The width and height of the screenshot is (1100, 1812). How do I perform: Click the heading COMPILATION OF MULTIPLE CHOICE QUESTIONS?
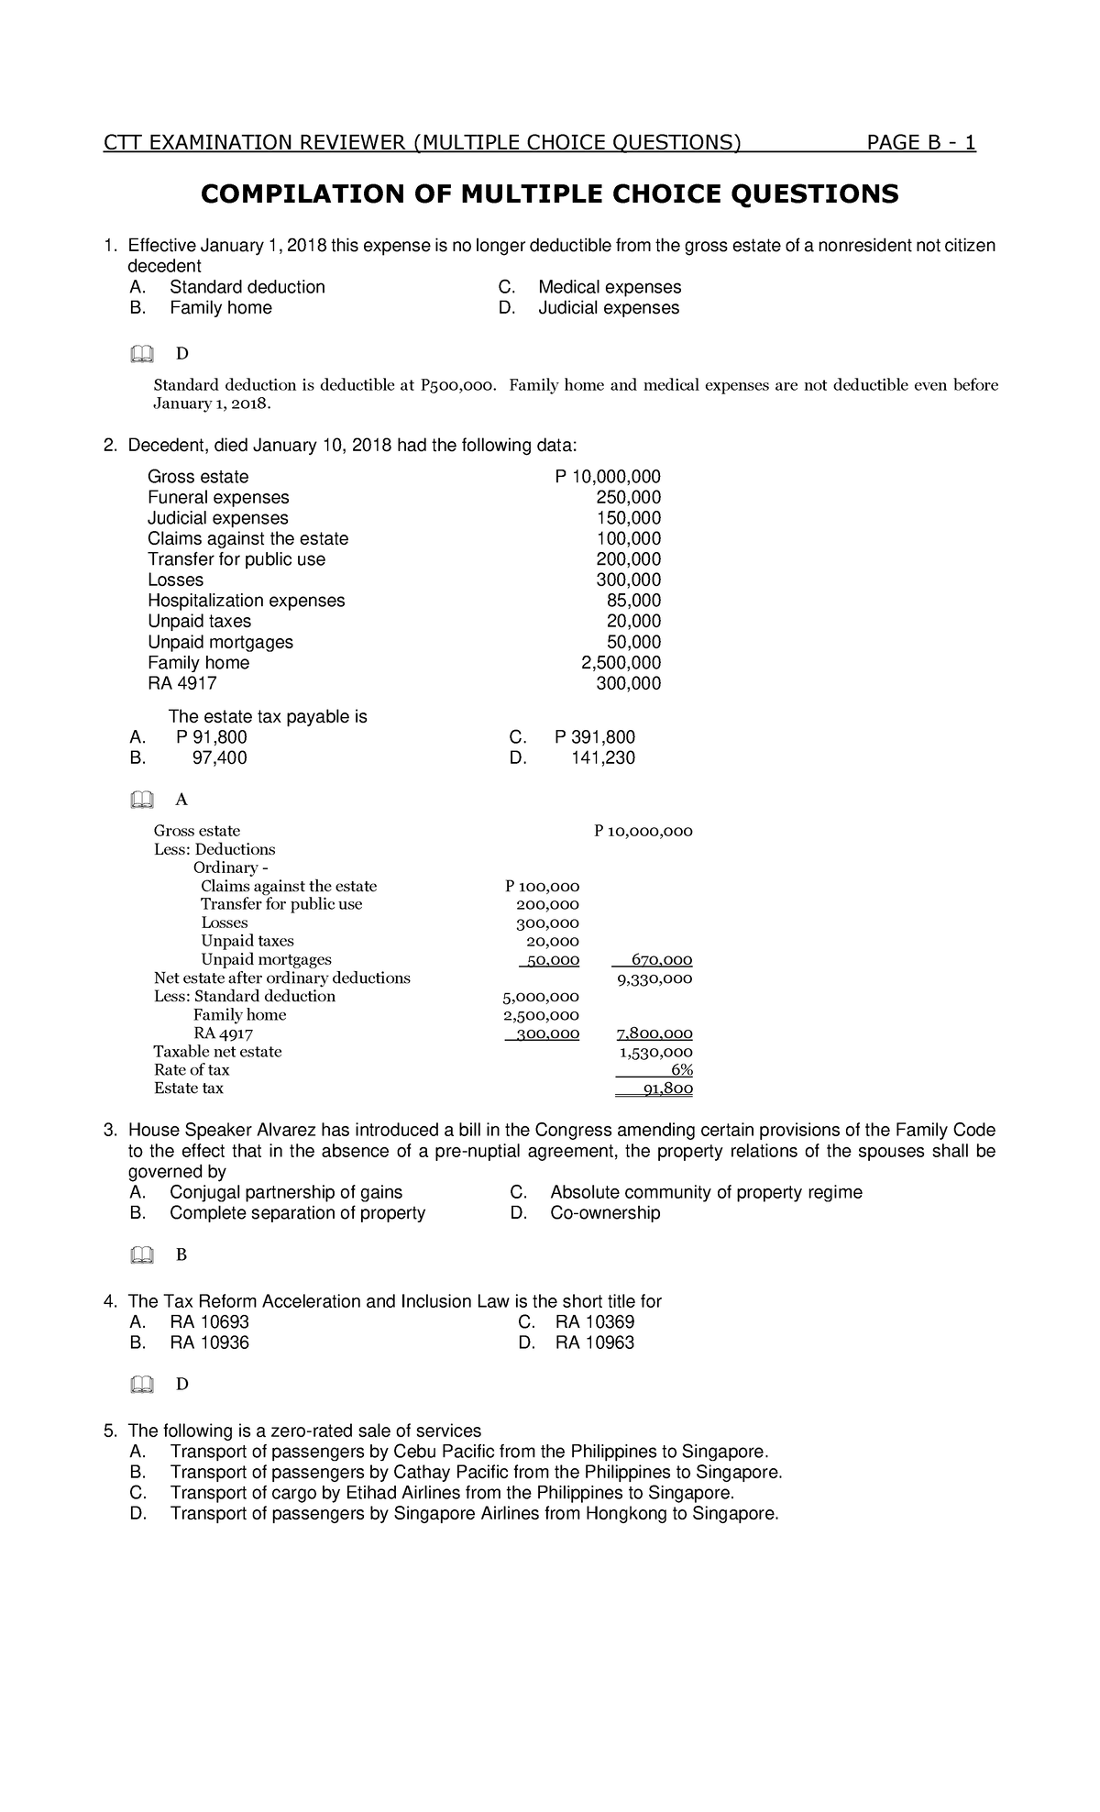(550, 194)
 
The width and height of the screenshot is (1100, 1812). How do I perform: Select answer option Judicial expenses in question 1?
(608, 308)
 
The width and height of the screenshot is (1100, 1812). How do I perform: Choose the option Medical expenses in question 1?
(609, 287)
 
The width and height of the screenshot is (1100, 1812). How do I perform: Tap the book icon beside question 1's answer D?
(141, 354)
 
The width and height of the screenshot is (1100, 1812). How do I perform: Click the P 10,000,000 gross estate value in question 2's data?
(607, 477)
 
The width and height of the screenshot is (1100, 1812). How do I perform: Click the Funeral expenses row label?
(218, 498)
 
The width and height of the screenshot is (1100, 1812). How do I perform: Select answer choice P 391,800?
(594, 737)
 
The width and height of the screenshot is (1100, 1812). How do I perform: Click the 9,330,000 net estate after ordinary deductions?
(654, 978)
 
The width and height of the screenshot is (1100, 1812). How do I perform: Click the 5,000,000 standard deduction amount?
(541, 997)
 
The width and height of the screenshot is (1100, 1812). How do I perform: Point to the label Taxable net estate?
(217, 1052)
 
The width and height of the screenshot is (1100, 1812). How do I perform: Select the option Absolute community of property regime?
(705, 1192)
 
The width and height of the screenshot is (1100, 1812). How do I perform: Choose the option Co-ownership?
(604, 1213)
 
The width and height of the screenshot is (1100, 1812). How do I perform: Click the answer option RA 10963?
(594, 1342)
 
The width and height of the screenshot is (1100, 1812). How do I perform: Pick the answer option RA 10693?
(209, 1322)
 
